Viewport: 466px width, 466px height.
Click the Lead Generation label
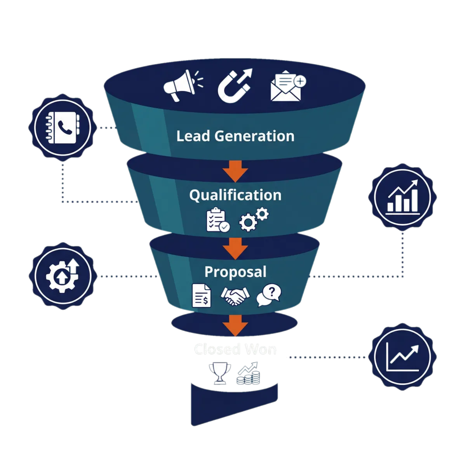pos(235,136)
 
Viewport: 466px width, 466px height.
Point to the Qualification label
pos(235,195)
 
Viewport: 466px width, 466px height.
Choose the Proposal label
pos(235,272)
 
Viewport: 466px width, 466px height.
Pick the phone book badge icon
pos(63,127)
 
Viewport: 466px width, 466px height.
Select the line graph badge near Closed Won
pos(403,356)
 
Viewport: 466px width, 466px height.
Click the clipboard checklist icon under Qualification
pos(217,221)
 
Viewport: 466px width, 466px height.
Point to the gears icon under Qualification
pos(252,220)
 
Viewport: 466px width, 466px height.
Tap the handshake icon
pos(235,297)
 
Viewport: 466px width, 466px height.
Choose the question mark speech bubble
pos(270,295)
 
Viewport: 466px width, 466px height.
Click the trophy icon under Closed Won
pos(219,373)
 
